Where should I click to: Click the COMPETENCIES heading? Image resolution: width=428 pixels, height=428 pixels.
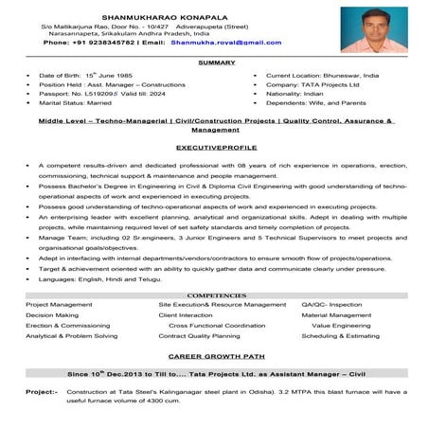click(x=213, y=295)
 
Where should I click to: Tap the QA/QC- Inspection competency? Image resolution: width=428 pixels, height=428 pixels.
click(x=331, y=305)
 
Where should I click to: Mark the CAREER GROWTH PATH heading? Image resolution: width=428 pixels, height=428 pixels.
click(x=213, y=359)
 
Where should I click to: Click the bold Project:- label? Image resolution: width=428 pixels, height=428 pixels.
click(x=42, y=390)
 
